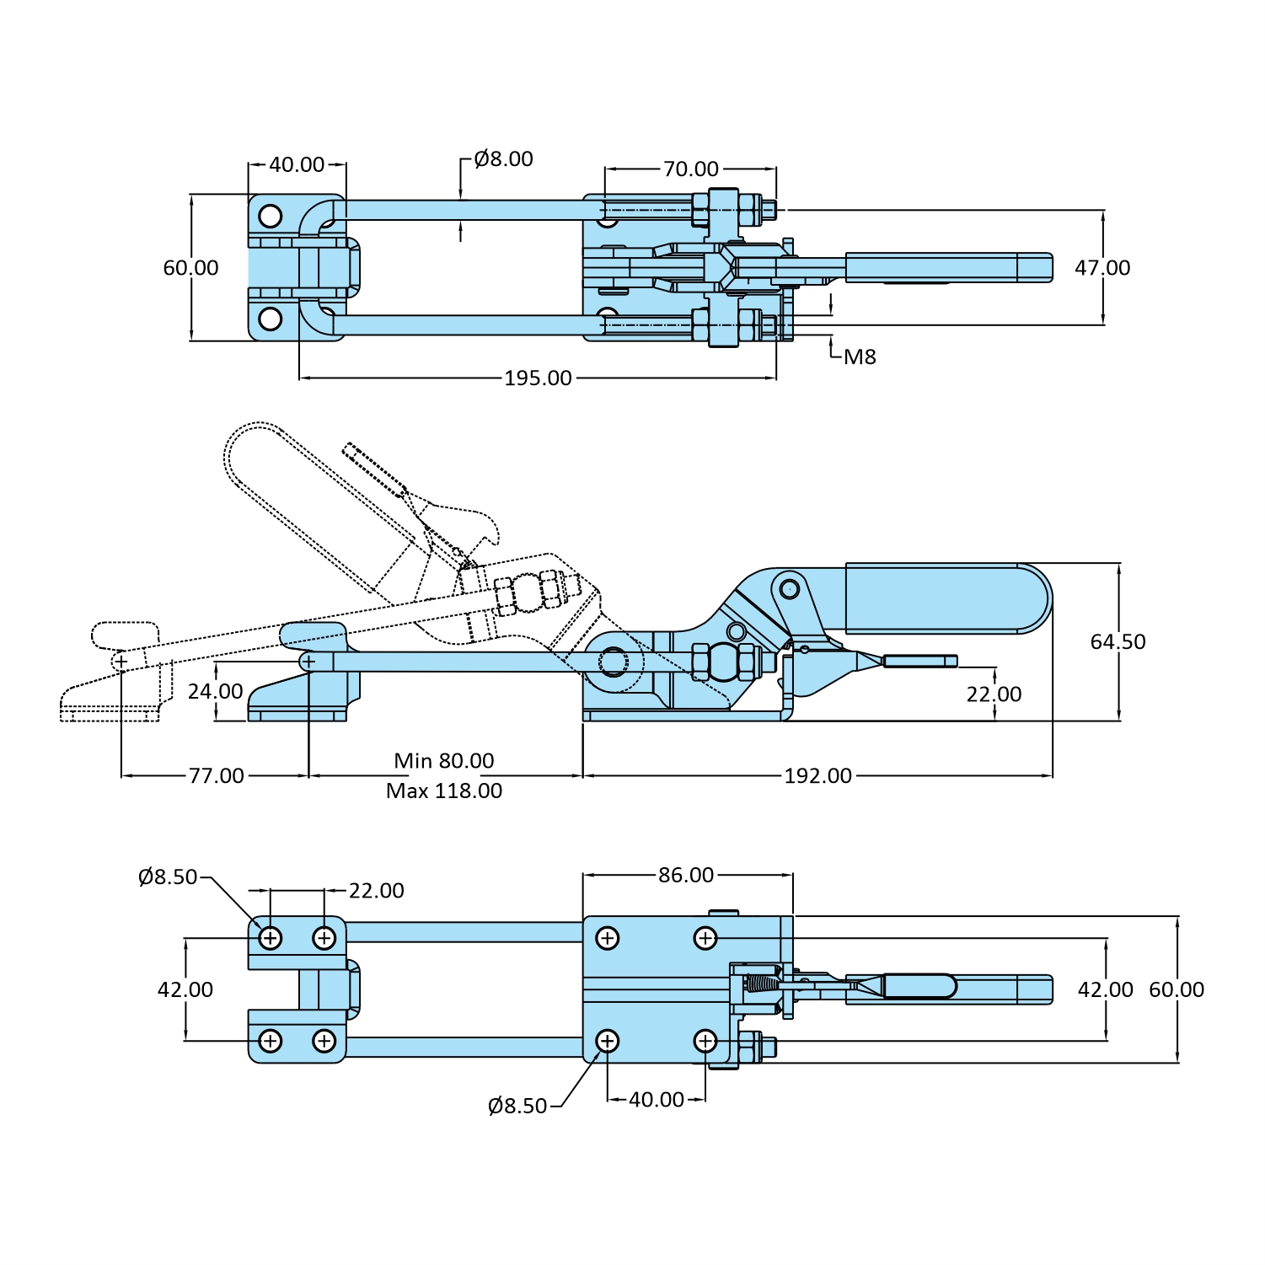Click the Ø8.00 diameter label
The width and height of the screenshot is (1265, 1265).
pos(503,159)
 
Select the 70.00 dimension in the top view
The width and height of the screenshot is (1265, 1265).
pos(690,169)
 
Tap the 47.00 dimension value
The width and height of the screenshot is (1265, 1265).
pos(1102,268)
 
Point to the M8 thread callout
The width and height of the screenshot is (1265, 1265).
pos(860,357)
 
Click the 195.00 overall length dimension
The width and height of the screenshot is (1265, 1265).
pos(538,378)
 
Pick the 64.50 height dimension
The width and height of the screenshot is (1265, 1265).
pos(1118,642)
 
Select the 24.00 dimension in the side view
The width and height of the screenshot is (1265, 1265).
pos(215,692)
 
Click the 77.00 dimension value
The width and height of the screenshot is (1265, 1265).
pos(216,776)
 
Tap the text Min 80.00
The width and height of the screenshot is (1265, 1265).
pos(443,761)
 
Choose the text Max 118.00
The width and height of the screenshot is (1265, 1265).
pos(443,791)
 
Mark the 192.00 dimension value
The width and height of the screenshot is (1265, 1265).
pos(817,776)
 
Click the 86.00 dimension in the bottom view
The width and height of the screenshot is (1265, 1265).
pos(686,876)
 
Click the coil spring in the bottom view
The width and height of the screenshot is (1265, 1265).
pos(762,984)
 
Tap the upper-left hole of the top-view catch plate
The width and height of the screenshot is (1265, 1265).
pos(270,217)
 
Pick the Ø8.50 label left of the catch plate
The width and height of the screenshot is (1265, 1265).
pos(167,877)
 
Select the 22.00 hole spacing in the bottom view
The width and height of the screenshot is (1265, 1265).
pos(376,891)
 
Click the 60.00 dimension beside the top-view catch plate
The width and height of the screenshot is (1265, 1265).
pos(190,268)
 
